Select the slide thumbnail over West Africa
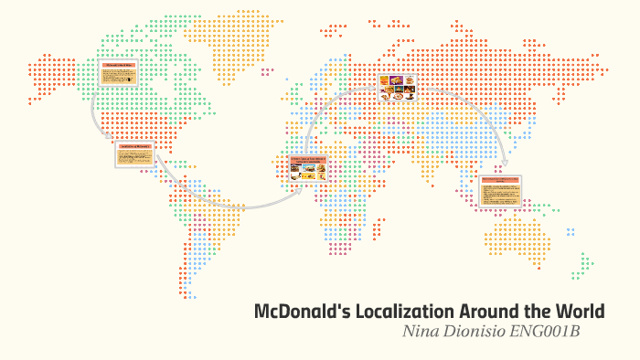click(309, 170)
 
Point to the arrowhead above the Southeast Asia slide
click(502, 166)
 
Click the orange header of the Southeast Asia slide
click(501, 180)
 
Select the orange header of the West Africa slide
click(309, 159)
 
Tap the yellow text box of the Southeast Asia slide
click(501, 194)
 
